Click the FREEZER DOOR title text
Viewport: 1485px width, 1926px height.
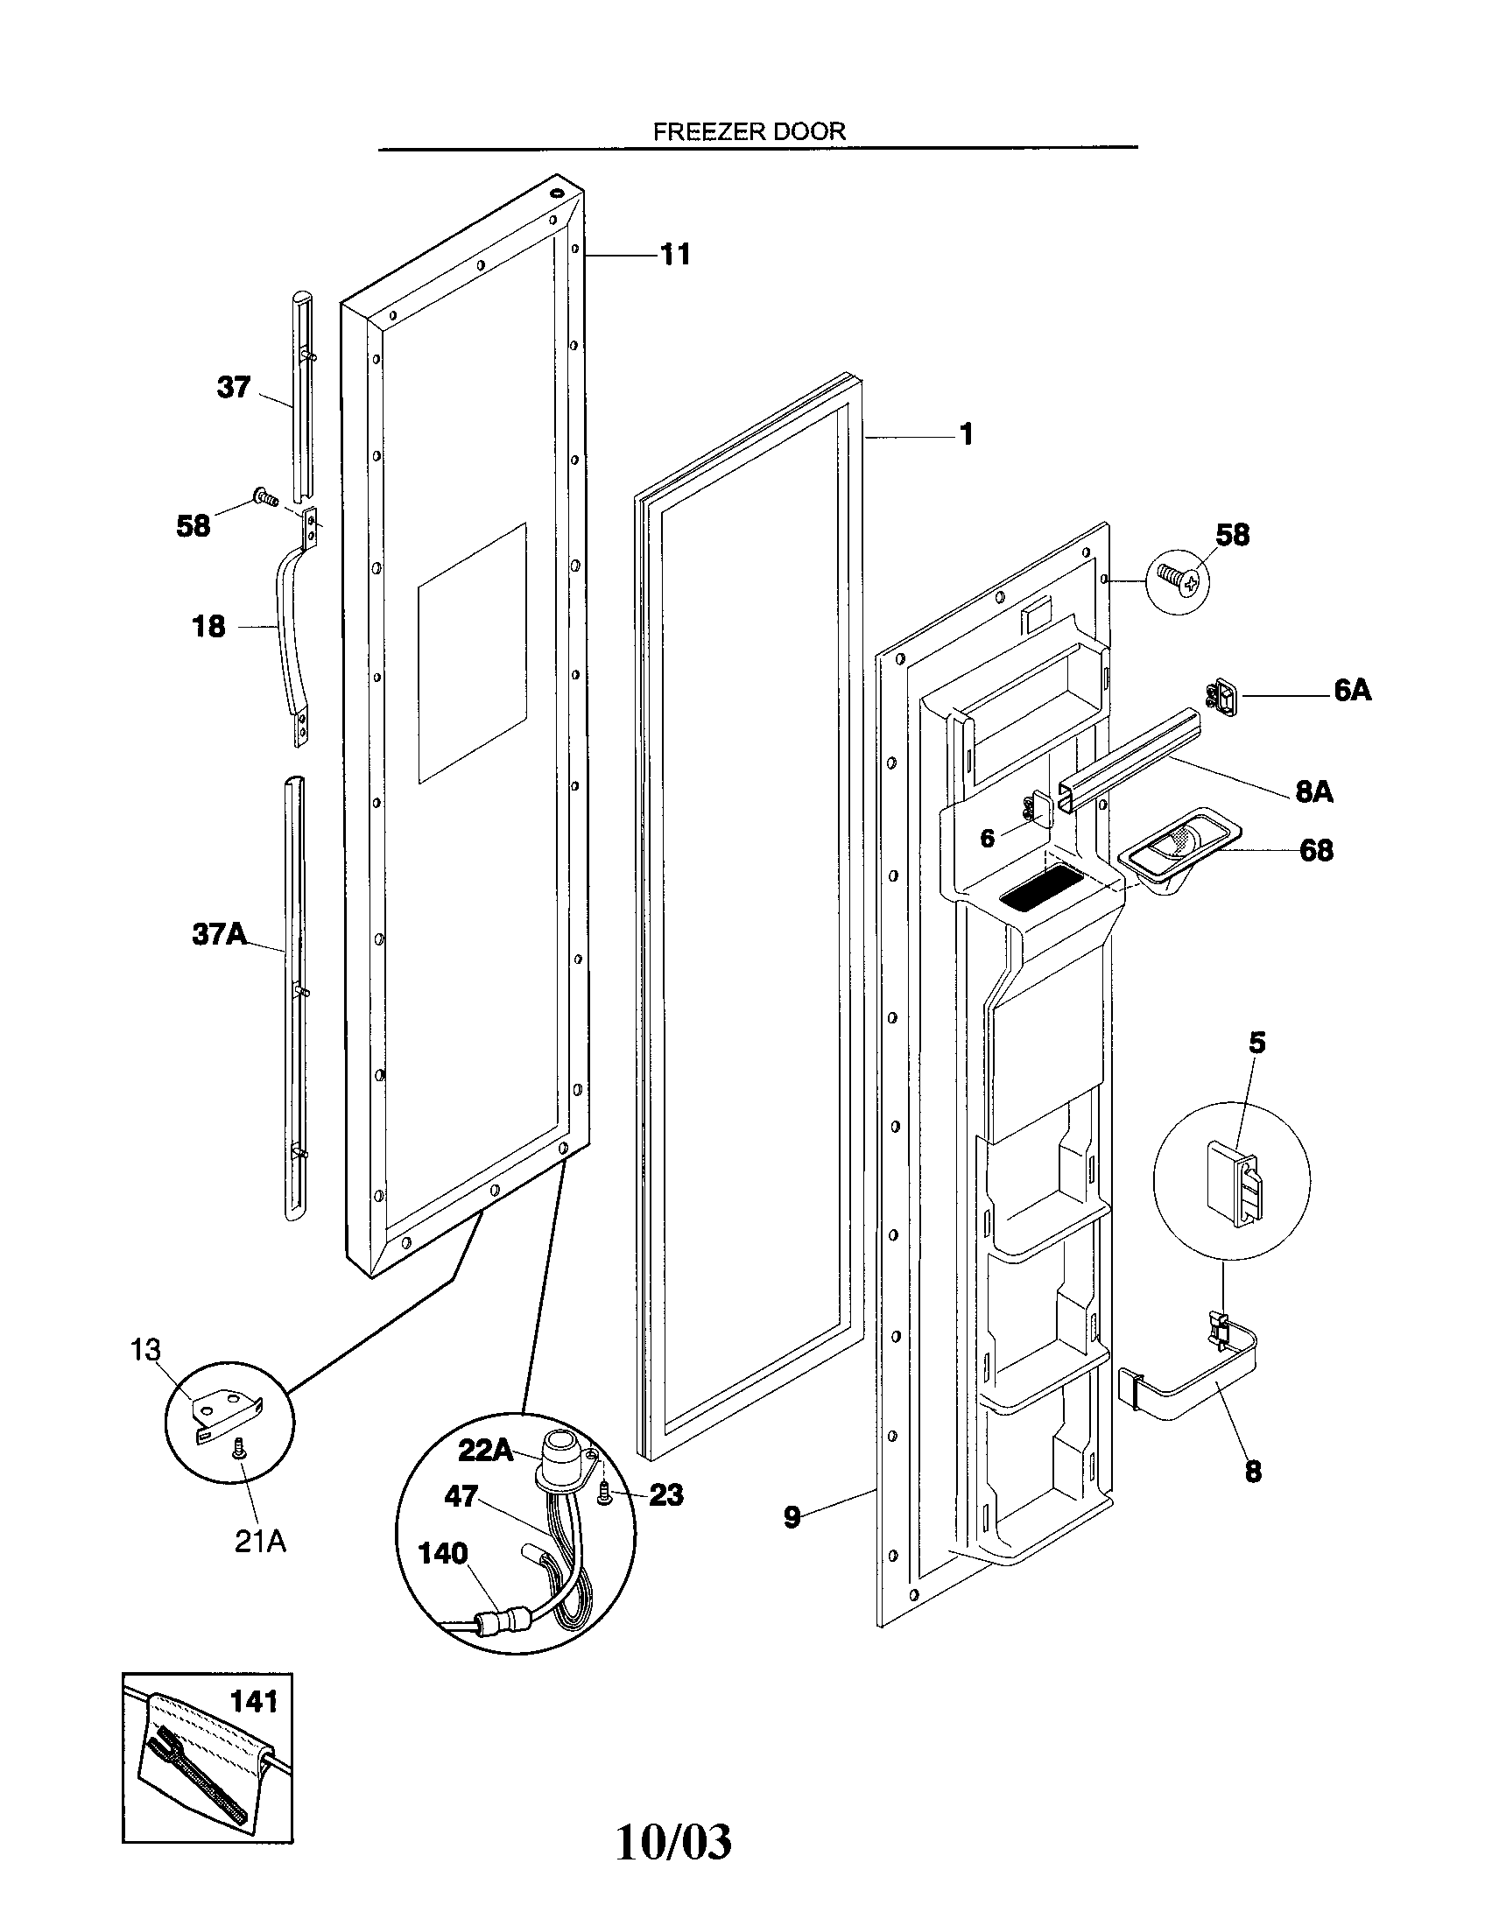749,131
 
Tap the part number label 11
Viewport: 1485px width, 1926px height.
674,255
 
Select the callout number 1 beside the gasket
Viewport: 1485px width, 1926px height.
966,435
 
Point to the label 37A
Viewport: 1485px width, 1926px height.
219,934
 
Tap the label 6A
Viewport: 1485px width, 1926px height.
1352,691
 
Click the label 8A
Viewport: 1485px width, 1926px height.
1313,792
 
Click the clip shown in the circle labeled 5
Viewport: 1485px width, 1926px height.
1235,1184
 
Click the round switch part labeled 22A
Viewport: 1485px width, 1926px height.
558,1454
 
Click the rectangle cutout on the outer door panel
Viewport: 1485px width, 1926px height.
472,652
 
